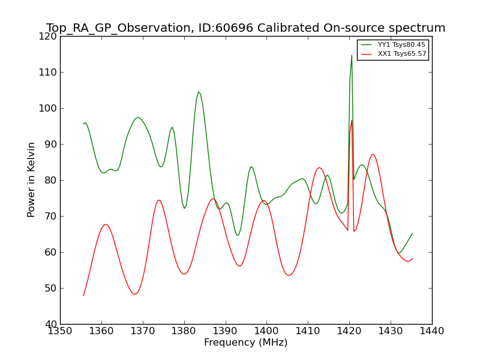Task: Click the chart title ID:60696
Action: [x=226, y=28]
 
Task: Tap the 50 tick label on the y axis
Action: [x=51, y=289]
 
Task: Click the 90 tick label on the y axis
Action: [x=51, y=145]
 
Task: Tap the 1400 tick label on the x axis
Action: [x=266, y=331]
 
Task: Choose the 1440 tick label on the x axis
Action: [x=431, y=331]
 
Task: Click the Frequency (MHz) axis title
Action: [x=246, y=342]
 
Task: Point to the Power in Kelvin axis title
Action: [x=31, y=180]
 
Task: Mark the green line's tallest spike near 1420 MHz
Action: [x=352, y=55]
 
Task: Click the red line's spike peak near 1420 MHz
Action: [x=352, y=120]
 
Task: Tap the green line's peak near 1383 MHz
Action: [x=199, y=92]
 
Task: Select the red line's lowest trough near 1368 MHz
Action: [x=134, y=294]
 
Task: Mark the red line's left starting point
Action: [x=83, y=295]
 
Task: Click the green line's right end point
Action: [x=412, y=233]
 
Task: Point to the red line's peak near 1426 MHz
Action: [x=373, y=155]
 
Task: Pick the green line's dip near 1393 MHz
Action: [x=238, y=235]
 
